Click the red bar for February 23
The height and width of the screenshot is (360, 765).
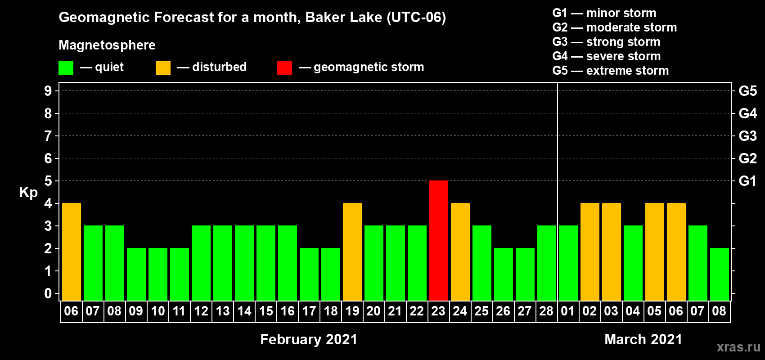[x=438, y=240]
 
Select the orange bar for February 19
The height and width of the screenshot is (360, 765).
[x=352, y=252]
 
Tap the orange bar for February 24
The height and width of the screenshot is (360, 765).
[x=460, y=252]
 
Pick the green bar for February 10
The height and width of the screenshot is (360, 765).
[x=158, y=274]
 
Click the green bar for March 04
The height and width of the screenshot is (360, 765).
[x=633, y=263]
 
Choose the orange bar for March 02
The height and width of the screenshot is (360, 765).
[x=590, y=252]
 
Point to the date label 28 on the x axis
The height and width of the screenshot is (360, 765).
[x=546, y=311]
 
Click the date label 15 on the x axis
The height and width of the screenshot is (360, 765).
[x=265, y=311]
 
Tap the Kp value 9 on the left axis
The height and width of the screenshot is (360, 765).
[x=48, y=91]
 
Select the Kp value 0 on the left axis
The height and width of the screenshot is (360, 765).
[x=48, y=293]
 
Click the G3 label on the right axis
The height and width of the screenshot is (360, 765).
[x=747, y=136]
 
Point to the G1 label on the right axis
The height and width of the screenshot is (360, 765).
[x=747, y=181]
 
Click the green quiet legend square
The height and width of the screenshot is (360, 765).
[x=66, y=67]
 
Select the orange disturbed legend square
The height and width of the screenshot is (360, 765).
[x=163, y=67]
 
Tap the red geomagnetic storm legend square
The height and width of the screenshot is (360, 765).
[x=284, y=67]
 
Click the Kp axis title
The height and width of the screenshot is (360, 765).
[x=28, y=193]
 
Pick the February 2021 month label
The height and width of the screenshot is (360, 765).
[x=309, y=339]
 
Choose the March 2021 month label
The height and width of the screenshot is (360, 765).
[x=643, y=339]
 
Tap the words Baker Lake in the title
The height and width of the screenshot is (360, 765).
[x=343, y=18]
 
